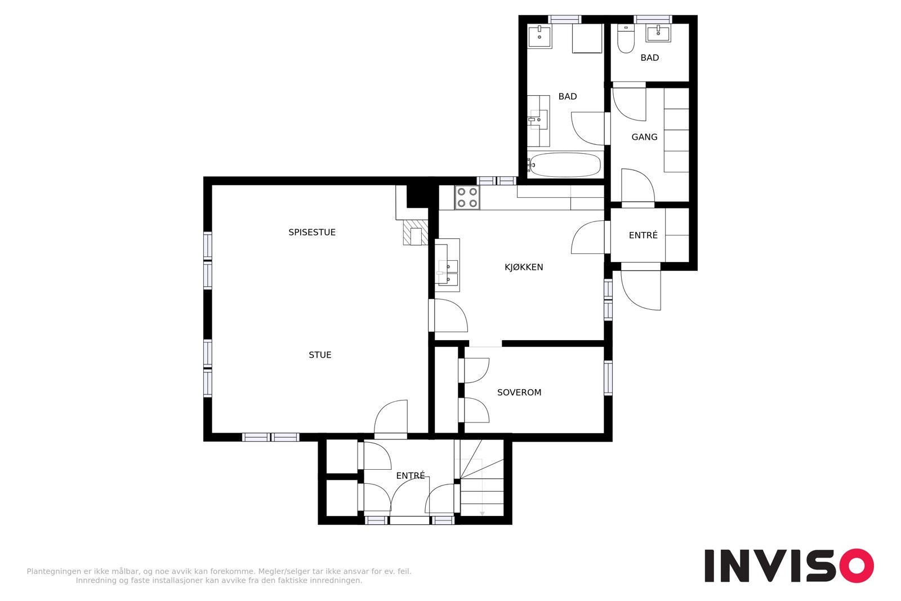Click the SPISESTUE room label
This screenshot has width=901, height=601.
[312, 232]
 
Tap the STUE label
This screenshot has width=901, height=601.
[320, 355]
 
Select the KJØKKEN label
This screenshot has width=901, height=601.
[524, 267]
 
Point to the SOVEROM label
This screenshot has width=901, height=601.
[519, 392]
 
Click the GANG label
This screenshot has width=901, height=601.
[644, 137]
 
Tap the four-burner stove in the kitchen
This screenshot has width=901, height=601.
[467, 198]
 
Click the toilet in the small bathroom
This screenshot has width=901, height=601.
[626, 39]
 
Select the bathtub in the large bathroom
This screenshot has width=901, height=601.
[565, 164]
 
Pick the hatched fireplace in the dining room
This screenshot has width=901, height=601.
[416, 233]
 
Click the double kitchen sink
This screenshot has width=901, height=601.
[447, 273]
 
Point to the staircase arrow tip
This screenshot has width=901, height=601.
[482, 514]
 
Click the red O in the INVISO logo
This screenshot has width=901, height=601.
[857, 565]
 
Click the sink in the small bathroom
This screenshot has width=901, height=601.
[658, 33]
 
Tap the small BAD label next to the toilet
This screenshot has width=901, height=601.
[650, 58]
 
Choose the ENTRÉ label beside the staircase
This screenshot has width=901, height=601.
[411, 476]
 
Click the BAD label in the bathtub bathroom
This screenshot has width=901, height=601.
[568, 96]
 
